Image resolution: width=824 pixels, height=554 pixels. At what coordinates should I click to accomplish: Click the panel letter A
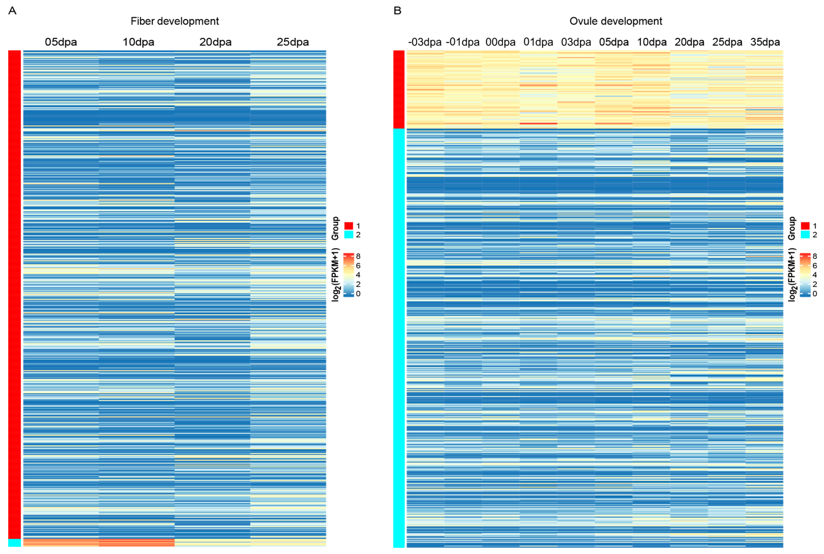point(12,11)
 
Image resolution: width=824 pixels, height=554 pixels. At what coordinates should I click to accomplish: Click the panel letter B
point(397,11)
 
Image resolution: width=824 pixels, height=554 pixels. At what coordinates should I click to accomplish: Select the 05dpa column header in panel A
point(61,42)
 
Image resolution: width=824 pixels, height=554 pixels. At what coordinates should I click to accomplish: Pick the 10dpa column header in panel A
point(138,42)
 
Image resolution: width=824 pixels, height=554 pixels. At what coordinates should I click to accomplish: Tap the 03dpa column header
point(576,42)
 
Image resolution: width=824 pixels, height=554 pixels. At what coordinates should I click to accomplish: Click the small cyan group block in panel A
point(14,542)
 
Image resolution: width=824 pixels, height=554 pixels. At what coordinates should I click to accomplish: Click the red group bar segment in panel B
point(399,89)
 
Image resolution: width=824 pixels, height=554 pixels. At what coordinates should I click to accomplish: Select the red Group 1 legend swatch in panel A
point(349,226)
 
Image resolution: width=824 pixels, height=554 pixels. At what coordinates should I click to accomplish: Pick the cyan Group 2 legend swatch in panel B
point(805,235)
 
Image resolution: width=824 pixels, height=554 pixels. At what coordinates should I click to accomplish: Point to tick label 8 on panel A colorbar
point(358,256)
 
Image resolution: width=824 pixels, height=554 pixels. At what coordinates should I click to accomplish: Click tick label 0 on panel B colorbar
point(814,294)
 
